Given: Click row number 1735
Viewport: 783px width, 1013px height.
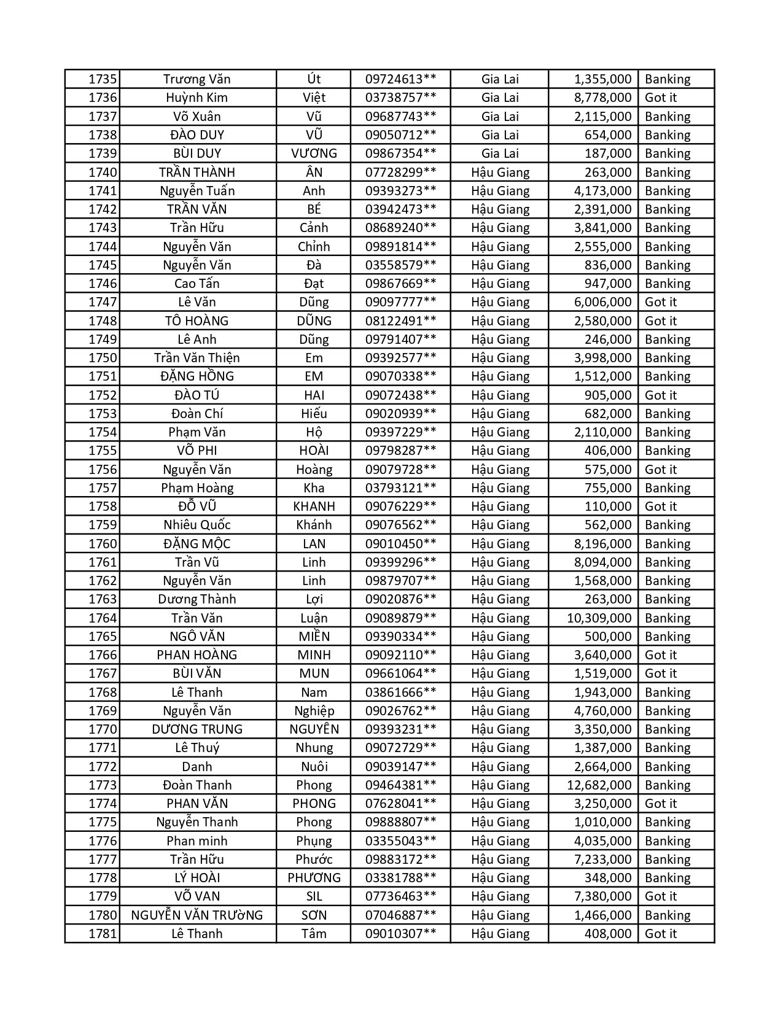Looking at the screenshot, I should click(x=102, y=79).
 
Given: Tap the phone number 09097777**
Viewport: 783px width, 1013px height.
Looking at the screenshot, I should click(x=400, y=302).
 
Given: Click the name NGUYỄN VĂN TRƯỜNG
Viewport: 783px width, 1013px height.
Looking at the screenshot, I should click(x=197, y=915).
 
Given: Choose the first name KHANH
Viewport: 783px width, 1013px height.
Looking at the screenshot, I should click(x=314, y=506).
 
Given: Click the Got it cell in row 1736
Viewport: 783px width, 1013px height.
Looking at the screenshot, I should click(x=661, y=98).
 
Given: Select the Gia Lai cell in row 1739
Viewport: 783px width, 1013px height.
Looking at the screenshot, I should click(x=500, y=153).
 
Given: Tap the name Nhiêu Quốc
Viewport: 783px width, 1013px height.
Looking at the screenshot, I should click(x=197, y=525).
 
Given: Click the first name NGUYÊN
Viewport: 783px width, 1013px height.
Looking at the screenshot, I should click(x=314, y=729).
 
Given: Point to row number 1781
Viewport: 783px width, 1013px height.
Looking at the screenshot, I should click(x=102, y=934).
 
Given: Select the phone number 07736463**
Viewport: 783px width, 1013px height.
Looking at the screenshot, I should click(x=400, y=896).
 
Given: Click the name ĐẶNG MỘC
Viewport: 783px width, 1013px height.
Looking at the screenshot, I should click(x=197, y=544).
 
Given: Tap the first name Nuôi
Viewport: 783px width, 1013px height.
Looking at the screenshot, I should click(x=314, y=767).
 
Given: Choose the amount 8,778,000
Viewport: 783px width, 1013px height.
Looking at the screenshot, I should click(x=602, y=98).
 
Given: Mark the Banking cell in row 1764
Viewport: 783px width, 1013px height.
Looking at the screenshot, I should click(x=668, y=618).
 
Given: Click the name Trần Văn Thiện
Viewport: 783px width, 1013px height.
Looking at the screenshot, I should click(x=197, y=358).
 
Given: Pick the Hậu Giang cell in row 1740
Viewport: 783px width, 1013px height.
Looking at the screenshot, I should click(x=500, y=173).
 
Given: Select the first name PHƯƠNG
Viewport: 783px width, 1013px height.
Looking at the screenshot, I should click(x=314, y=878).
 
